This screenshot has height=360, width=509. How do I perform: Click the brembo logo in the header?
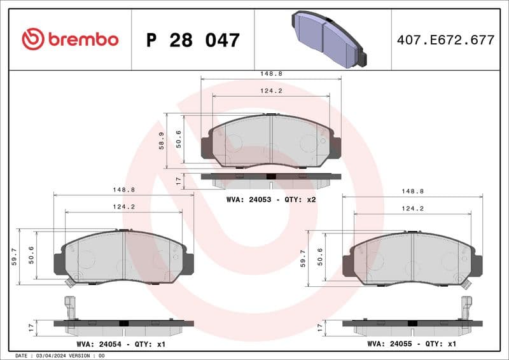[x=70, y=39]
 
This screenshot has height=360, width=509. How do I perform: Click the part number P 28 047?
[x=193, y=40]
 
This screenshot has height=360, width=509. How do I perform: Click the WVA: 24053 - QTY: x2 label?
[x=271, y=199]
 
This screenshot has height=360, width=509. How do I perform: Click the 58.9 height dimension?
[x=161, y=141]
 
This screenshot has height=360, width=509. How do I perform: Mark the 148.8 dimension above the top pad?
[x=270, y=74]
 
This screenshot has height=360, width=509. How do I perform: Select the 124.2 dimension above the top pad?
[x=270, y=91]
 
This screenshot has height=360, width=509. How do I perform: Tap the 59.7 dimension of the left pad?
[x=15, y=256]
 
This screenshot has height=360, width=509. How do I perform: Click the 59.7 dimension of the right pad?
[x=304, y=256]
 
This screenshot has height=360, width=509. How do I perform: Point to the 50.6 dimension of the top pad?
[x=179, y=138]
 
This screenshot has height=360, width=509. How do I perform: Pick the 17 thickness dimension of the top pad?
[x=179, y=181]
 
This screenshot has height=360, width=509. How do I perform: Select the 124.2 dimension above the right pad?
[x=412, y=208]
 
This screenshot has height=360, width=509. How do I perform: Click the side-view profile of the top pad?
[x=270, y=179]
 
